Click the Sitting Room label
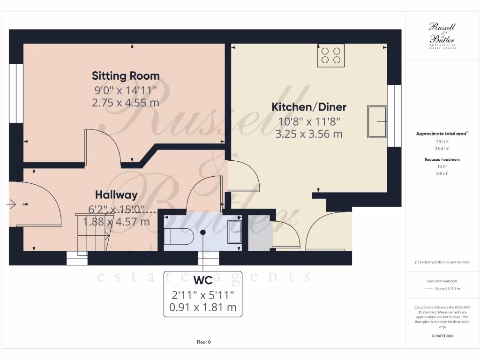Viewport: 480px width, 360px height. point(126,75)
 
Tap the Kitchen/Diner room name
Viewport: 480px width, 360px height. point(309,107)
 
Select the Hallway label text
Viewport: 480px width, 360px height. point(116,195)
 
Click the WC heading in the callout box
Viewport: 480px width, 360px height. point(202,281)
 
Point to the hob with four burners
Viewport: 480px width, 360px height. point(330,56)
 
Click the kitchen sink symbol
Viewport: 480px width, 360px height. point(377,122)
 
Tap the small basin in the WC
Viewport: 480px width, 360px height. point(235,232)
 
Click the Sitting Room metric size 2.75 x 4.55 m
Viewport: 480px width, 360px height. point(126,102)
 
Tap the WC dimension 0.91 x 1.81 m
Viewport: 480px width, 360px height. point(202,307)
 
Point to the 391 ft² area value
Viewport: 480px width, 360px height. point(442,141)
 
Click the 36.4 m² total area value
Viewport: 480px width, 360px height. point(442,148)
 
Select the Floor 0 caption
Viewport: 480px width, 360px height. point(203,342)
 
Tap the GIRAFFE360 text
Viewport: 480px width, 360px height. point(442,336)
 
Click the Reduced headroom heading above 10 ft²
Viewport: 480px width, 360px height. point(442,159)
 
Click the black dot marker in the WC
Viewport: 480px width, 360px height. point(203,232)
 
